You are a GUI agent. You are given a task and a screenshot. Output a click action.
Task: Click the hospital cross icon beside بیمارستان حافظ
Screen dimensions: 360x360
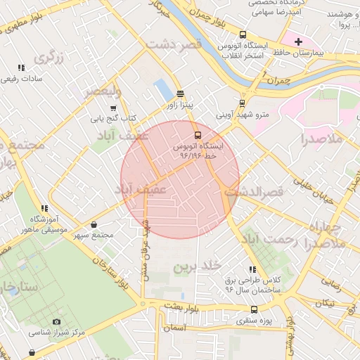tap(298, 41)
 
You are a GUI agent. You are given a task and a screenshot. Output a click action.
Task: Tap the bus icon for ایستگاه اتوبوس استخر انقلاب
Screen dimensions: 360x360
tap(243, 34)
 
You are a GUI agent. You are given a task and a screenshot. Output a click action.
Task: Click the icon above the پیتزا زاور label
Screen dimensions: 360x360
tap(180, 94)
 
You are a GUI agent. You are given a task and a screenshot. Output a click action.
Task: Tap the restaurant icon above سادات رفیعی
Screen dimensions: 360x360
tap(21, 67)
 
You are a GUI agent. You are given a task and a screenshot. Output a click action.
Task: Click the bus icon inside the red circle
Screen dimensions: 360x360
tap(198, 134)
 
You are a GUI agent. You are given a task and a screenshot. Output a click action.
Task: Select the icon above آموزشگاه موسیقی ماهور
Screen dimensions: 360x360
tap(44, 208)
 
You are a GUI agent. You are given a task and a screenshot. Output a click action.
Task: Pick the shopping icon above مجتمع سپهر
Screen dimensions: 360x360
tap(94, 224)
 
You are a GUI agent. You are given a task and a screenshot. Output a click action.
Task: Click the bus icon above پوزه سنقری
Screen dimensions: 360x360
tap(254, 309)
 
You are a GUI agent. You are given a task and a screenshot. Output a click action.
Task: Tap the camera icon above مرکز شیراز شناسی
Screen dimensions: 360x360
tap(57, 321)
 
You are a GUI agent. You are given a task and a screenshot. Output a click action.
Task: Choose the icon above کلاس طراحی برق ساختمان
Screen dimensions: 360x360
tap(252, 269)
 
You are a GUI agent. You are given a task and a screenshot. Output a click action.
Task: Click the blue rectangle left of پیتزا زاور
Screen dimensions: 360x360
tap(162, 89)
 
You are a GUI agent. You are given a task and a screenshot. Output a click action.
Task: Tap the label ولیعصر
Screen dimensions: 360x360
tap(103, 91)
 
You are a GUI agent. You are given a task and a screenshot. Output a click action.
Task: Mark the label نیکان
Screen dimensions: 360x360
tap(324, 303)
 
